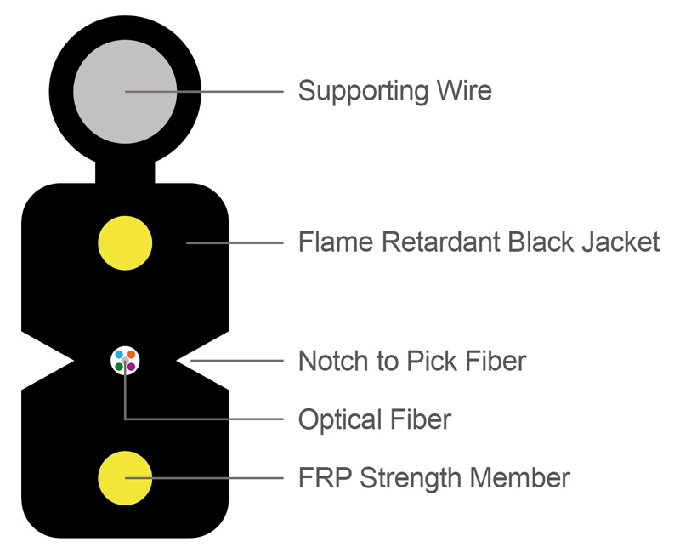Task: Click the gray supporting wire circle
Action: (x=125, y=90)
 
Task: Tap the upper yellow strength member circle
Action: (x=125, y=242)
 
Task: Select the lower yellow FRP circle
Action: (x=125, y=478)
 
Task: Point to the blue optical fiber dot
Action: (x=120, y=355)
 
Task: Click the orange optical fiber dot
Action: (x=132, y=355)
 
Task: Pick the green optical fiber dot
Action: (x=120, y=367)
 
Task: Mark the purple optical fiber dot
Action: (x=132, y=367)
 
